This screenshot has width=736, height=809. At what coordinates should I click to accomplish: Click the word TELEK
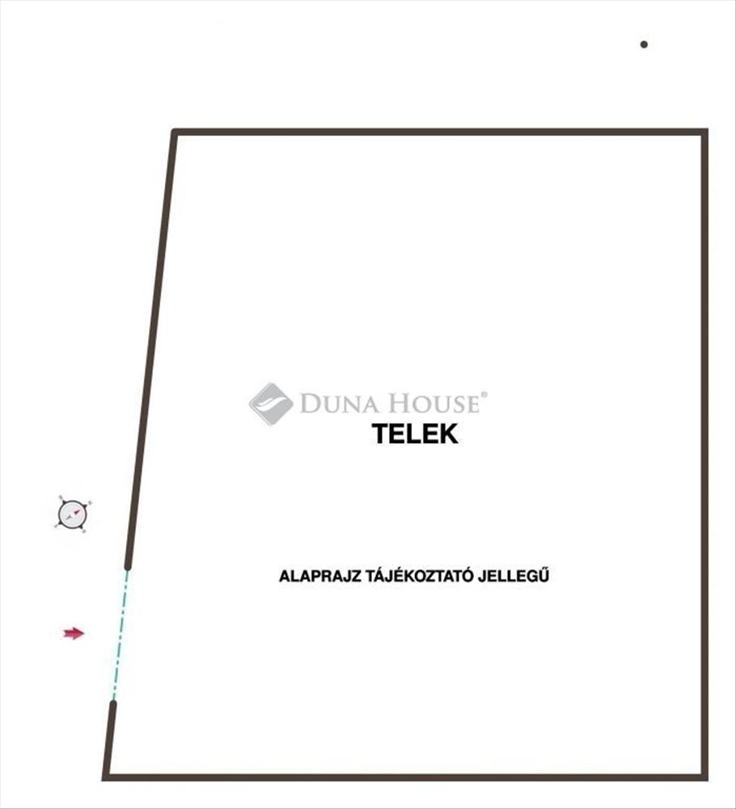tap(415, 434)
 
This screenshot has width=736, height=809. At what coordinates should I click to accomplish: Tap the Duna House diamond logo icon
tap(271, 403)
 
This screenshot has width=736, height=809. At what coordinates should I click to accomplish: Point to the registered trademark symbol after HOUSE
tap(484, 395)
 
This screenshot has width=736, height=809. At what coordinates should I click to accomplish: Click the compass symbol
tap(73, 514)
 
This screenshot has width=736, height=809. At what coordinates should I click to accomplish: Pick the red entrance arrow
tap(74, 633)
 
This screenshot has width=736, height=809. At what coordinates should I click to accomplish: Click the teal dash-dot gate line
tap(120, 635)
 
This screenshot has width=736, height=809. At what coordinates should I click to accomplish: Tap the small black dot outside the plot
tap(644, 44)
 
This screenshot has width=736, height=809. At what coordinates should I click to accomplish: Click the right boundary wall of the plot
tap(704, 453)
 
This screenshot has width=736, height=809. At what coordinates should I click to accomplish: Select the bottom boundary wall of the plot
tap(404, 777)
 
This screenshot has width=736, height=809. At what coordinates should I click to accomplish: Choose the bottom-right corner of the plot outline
tap(704, 777)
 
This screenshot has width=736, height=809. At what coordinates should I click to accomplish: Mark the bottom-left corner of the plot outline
tap(106, 777)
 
